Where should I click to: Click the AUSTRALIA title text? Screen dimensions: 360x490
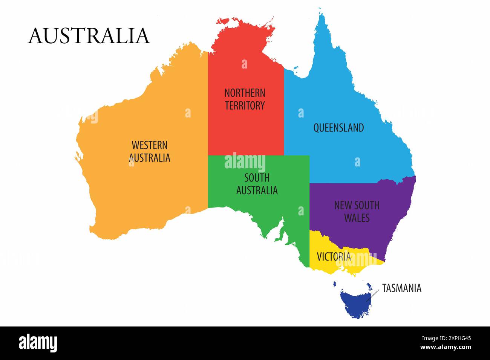click(x=89, y=36)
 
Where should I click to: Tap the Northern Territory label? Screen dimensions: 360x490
click(x=245, y=99)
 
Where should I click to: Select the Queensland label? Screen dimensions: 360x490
click(x=338, y=128)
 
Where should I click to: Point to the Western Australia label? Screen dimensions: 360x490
click(x=150, y=151)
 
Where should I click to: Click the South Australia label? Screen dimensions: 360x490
click(x=257, y=184)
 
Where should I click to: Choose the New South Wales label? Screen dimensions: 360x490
click(x=357, y=211)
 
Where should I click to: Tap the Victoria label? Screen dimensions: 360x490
click(x=334, y=257)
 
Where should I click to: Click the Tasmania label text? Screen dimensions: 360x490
click(x=401, y=288)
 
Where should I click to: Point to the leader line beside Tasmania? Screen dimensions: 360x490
click(x=373, y=296)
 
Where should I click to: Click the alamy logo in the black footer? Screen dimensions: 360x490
click(x=38, y=343)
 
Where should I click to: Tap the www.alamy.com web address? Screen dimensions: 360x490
click(x=446, y=347)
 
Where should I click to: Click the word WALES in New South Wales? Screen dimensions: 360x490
click(x=357, y=218)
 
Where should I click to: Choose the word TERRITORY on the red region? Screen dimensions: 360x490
click(x=245, y=105)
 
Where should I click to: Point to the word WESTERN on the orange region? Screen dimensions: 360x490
click(x=150, y=145)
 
